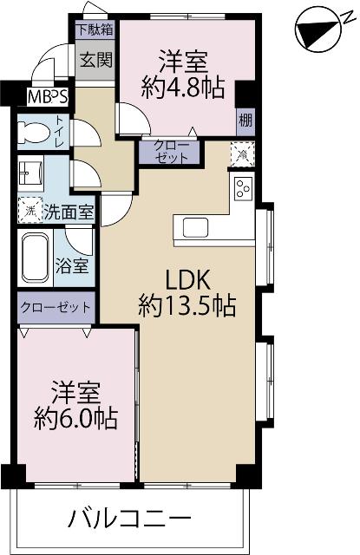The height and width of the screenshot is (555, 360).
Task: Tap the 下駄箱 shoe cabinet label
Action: [94, 29]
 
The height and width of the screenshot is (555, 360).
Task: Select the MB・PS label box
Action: [49, 95]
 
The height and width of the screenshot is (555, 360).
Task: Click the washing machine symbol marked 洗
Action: [29, 210]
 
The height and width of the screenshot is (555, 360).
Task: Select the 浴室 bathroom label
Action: [73, 264]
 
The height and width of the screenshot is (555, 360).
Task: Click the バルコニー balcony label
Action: [128, 520]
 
